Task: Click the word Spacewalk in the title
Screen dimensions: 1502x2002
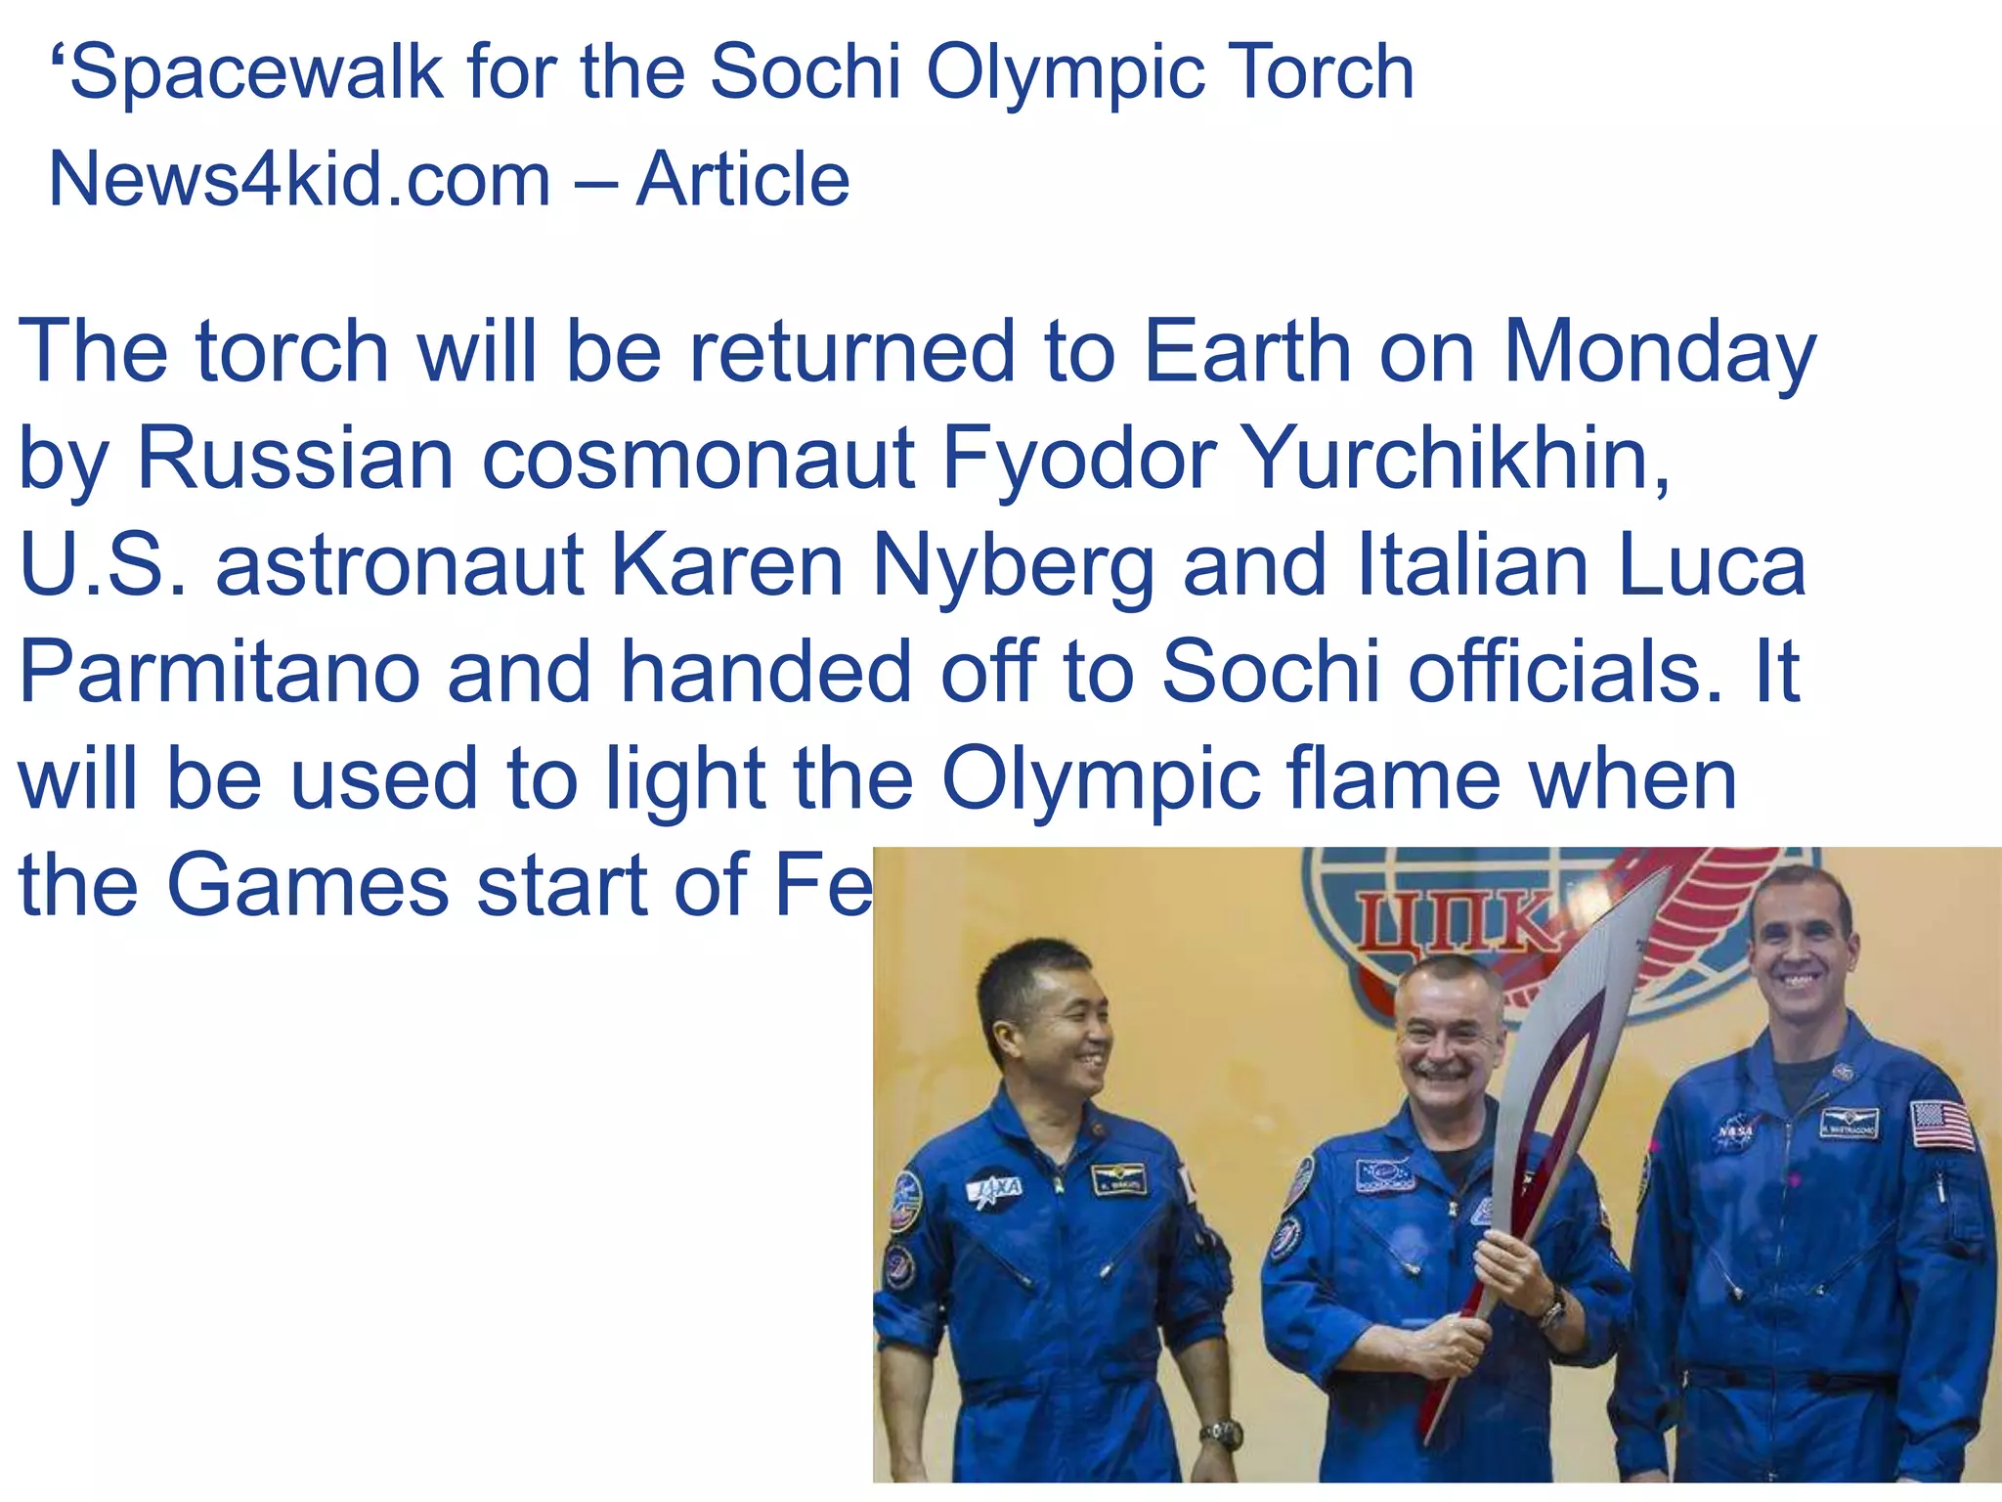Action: [x=257, y=73]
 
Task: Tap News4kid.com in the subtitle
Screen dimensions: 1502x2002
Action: [x=299, y=181]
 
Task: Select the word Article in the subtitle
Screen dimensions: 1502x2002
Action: [x=743, y=181]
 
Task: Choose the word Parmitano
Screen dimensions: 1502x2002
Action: [x=220, y=674]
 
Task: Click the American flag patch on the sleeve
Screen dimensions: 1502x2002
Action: [x=1941, y=1125]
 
